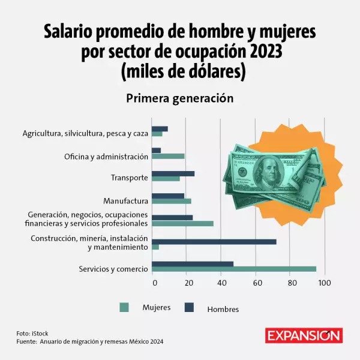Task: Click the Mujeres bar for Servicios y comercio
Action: point(234,269)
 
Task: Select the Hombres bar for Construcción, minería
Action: point(214,242)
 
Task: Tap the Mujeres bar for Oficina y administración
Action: point(168,156)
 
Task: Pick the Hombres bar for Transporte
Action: point(173,173)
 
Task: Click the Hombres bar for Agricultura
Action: point(160,128)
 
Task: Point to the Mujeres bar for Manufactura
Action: point(171,201)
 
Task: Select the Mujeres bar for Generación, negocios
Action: point(182,223)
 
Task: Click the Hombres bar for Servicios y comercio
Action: point(193,263)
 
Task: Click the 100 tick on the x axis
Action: point(325,283)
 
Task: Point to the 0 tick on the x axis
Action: point(155,283)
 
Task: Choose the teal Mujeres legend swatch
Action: point(124,308)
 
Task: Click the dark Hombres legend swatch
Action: point(189,308)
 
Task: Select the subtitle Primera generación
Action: point(179,98)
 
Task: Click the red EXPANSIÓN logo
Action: point(304,335)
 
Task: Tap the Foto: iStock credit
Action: point(33,333)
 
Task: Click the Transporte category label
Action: point(129,178)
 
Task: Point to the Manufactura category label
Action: point(125,200)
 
